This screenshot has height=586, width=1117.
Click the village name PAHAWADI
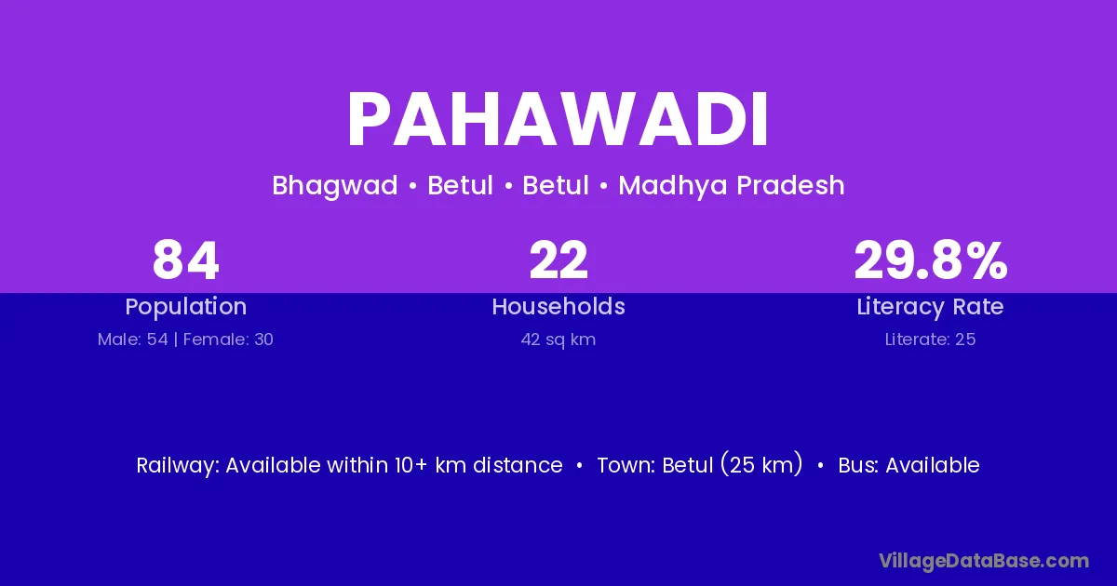[558, 119]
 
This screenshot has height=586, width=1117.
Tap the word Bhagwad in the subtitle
[334, 186]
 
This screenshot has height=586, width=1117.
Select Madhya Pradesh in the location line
[731, 186]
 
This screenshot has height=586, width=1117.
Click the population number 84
[185, 260]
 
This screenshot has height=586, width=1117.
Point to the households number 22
[558, 260]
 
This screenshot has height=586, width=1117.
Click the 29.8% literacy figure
[931, 260]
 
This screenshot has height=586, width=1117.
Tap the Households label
[558, 306]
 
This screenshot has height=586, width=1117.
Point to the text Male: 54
[132, 340]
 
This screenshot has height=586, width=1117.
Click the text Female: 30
[228, 340]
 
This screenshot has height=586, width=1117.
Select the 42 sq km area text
[558, 340]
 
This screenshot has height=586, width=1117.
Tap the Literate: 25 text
[930, 340]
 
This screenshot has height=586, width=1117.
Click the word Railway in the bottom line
[178, 466]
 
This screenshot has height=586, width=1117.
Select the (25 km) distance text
[761, 465]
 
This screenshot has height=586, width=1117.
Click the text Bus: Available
[908, 465]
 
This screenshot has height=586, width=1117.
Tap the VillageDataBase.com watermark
[984, 561]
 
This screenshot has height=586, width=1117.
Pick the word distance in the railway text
[518, 465]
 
